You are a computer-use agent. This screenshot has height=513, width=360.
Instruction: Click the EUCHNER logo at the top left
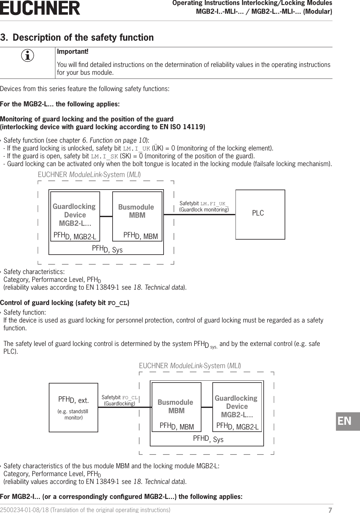[x=40, y=8]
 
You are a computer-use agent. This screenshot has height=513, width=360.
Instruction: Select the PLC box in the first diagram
[x=260, y=214]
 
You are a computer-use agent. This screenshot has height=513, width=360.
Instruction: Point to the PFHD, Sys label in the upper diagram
[x=107, y=249]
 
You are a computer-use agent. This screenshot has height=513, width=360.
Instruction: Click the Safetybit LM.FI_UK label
[x=204, y=206]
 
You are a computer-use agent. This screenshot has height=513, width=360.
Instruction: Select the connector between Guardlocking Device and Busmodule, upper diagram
[x=106, y=216]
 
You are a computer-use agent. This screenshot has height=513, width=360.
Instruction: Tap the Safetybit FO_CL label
[x=119, y=400]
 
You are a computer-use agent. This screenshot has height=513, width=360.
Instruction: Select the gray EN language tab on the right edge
[x=347, y=421]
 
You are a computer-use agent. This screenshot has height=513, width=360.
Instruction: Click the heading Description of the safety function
[x=83, y=38]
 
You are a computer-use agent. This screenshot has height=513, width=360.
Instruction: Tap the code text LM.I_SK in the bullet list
[x=104, y=156]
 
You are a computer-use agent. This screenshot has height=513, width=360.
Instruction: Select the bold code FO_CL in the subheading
[x=117, y=303]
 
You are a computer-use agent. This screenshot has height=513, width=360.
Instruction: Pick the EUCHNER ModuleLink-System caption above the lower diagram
[x=190, y=366]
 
